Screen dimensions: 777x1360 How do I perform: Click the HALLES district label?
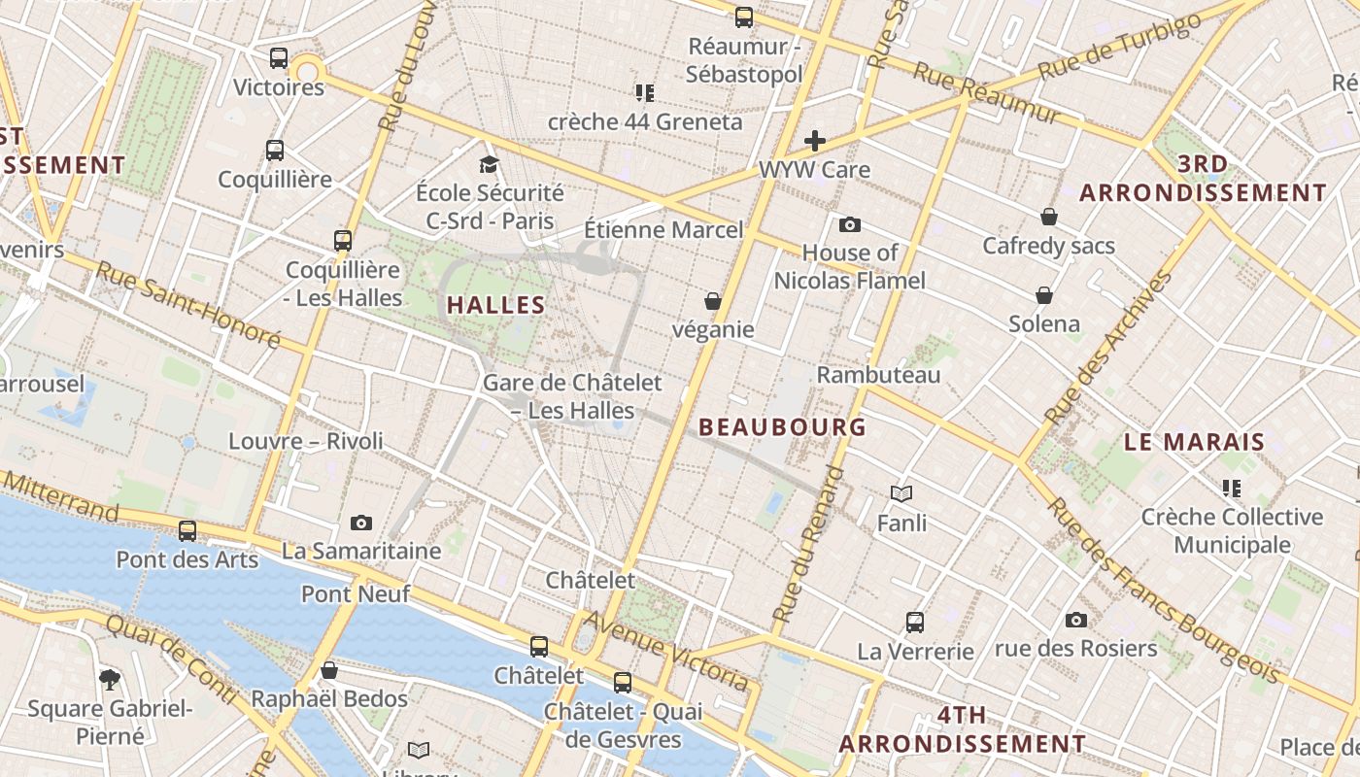tap(495, 305)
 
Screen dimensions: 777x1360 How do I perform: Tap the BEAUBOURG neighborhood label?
tap(782, 426)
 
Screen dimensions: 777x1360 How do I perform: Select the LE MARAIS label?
tap(1194, 442)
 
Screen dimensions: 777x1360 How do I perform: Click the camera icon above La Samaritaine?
tap(361, 524)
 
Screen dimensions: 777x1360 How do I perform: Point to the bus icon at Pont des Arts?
tap(187, 531)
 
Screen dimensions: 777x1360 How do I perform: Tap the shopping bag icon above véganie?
tap(713, 301)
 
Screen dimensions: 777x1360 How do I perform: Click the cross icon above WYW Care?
tap(815, 141)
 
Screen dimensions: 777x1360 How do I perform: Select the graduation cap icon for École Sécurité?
tap(489, 164)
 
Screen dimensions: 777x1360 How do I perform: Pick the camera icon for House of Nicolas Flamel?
tap(850, 225)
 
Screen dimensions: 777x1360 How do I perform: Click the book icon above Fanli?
tap(901, 494)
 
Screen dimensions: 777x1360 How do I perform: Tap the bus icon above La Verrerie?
tap(915, 622)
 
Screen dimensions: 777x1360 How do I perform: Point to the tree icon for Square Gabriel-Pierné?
tap(110, 679)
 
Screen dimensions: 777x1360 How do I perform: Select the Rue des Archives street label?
tap(1107, 348)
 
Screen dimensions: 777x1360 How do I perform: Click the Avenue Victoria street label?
tap(667, 650)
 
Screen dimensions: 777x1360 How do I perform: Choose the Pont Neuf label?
tap(356, 593)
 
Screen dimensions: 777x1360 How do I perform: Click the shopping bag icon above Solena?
tap(1044, 294)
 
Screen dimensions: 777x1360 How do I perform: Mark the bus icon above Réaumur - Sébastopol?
tap(744, 17)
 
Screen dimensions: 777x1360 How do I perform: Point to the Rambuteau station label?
tap(878, 375)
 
